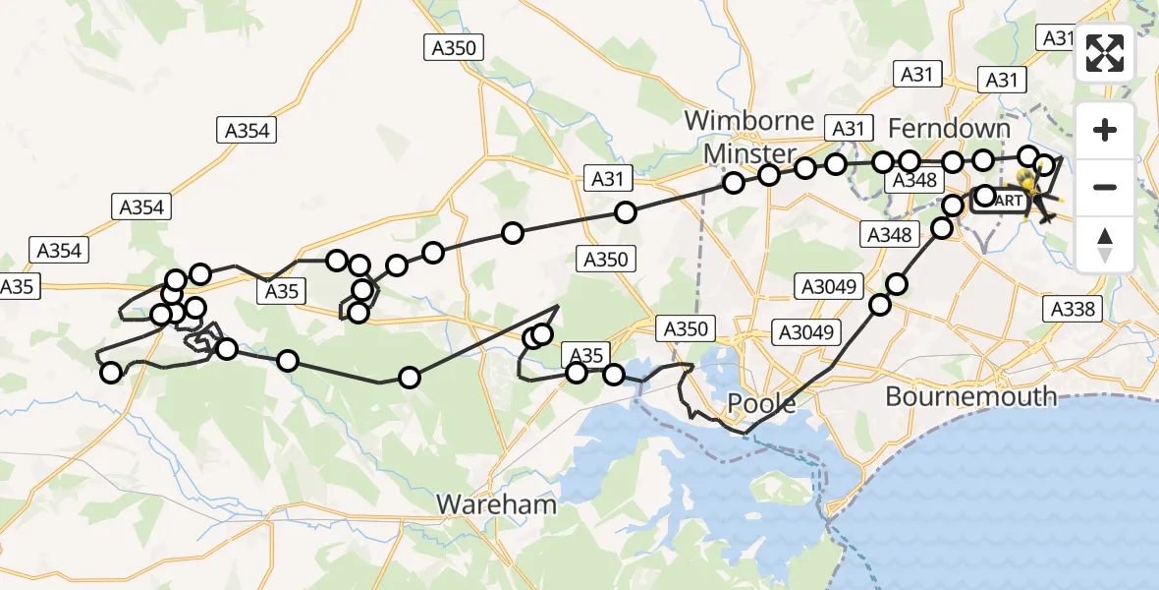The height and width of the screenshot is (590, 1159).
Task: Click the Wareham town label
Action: (496, 504)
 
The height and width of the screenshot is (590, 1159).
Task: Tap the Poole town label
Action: (760, 404)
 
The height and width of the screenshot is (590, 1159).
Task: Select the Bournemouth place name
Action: (970, 396)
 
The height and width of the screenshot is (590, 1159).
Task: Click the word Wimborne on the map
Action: (748, 121)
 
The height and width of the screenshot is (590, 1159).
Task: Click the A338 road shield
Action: (1072, 310)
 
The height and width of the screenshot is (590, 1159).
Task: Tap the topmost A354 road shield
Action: (245, 130)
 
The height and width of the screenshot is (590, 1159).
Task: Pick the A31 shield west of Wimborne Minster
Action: (607, 178)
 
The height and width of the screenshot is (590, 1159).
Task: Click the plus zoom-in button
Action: (1105, 131)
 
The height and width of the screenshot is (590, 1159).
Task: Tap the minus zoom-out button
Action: (1105, 187)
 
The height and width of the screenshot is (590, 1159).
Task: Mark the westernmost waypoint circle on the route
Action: (111, 372)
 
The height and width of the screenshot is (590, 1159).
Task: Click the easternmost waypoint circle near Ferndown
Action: (1044, 165)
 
